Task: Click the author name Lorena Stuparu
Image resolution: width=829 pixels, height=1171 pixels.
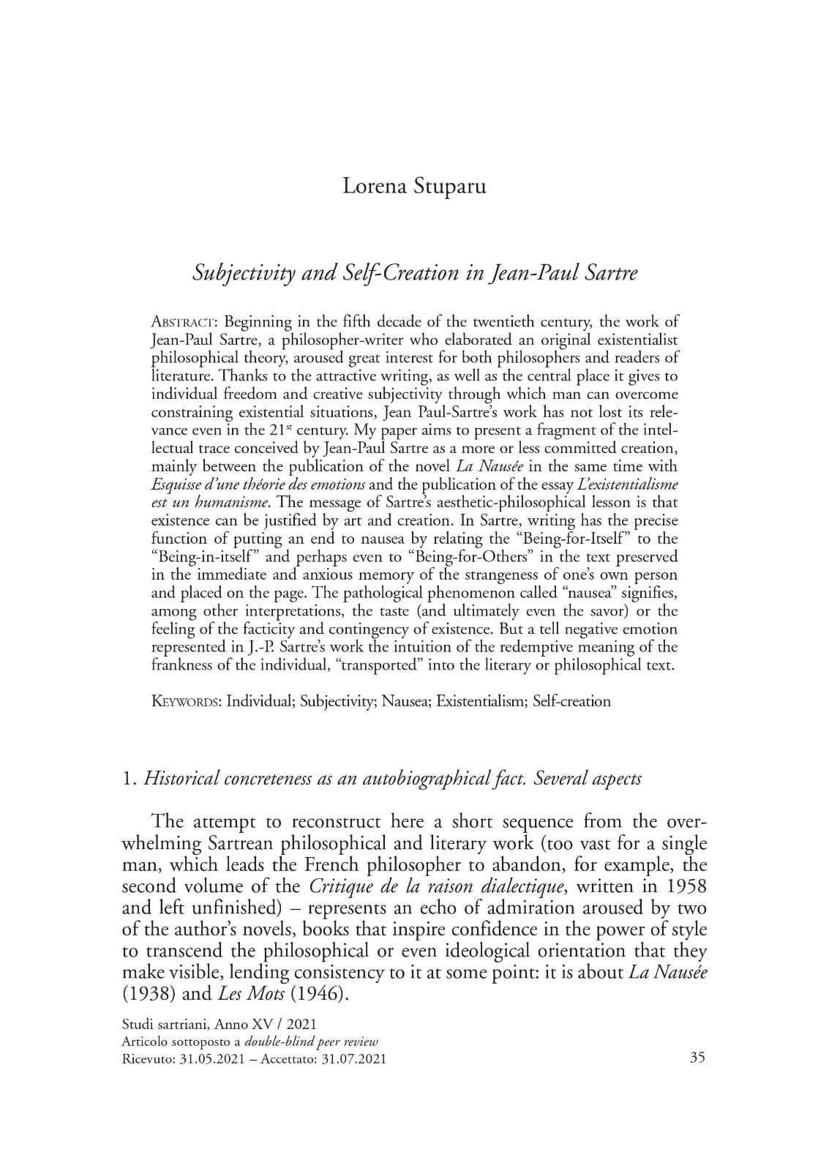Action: pyautogui.click(x=414, y=186)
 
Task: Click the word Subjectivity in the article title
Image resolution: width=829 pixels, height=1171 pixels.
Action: pyautogui.click(x=242, y=273)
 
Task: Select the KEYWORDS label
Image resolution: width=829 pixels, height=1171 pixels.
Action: pyautogui.click(x=185, y=701)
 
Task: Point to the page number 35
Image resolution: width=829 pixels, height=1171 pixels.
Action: pyautogui.click(x=697, y=1057)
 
